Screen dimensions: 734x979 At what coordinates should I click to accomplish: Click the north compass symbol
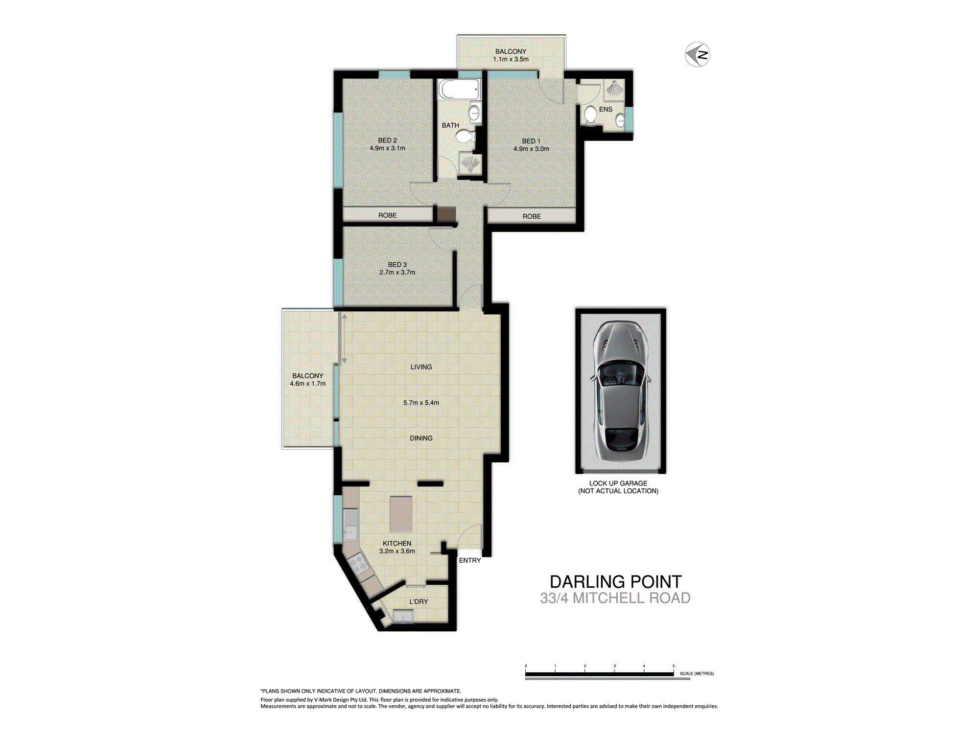[x=697, y=54]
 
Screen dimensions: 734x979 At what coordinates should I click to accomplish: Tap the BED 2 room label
[x=387, y=140]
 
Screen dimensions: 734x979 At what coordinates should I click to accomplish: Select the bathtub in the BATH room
[x=459, y=90]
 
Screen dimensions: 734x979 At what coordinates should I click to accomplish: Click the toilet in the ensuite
[x=590, y=115]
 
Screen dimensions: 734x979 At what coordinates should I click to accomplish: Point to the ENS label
[x=606, y=110]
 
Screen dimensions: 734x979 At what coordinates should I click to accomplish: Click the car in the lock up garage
[x=621, y=391]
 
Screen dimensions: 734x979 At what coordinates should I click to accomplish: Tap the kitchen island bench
[x=401, y=514]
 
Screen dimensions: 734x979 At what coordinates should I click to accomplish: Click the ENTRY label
[x=469, y=560]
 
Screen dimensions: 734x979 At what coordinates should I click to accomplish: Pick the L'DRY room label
[x=419, y=601]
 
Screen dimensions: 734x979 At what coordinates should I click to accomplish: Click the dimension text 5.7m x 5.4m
[x=421, y=403]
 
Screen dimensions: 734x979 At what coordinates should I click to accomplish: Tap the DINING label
[x=421, y=438]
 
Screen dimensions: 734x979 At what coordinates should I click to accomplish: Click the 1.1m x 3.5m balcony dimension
[x=511, y=59]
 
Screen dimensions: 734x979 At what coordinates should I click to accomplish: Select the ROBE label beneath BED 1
[x=532, y=216]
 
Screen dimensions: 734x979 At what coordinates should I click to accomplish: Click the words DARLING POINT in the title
[x=615, y=582]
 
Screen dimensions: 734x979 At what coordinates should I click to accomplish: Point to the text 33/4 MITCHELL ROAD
[x=615, y=598]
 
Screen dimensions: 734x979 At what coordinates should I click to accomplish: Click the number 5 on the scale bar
[x=674, y=666]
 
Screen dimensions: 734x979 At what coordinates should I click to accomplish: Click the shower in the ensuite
[x=614, y=89]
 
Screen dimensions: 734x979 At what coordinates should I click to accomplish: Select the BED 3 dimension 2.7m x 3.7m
[x=397, y=273]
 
